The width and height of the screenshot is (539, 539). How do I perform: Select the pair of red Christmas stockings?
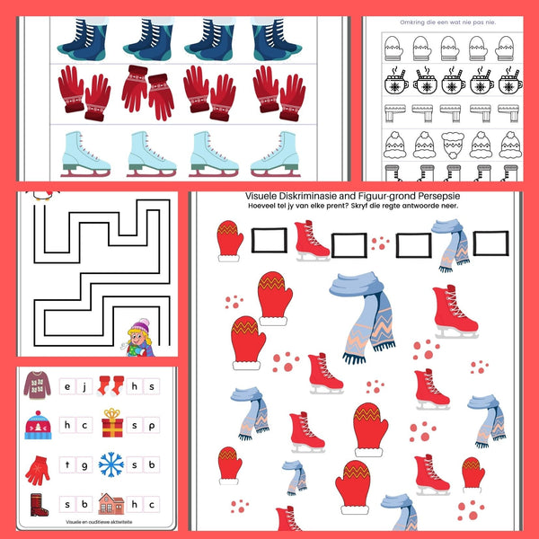(x=110, y=386)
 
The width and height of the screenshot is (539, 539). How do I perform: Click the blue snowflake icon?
(x=111, y=464)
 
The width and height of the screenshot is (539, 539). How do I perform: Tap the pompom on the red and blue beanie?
(x=36, y=412)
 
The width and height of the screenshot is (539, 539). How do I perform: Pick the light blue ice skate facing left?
(x=277, y=151)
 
